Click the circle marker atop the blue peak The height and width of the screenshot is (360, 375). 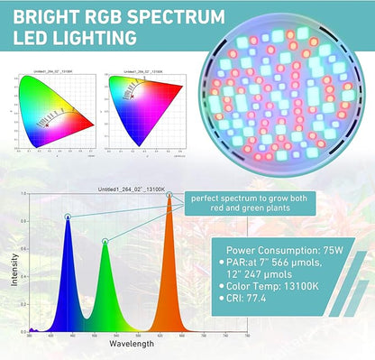pyautogui.click(x=68, y=217)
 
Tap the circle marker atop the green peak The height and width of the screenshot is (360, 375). pyautogui.click(x=105, y=240)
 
